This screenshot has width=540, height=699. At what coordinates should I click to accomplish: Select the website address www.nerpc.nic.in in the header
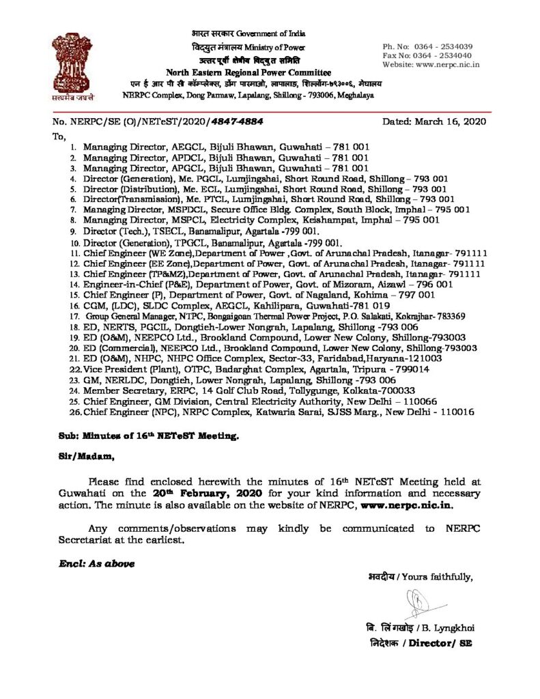coord(447,64)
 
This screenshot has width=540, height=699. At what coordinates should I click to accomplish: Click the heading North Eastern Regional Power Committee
coord(248,72)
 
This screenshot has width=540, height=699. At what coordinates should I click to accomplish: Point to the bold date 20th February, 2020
coord(206,493)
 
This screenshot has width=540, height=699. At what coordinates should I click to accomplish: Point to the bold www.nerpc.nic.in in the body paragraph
coord(406,506)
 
